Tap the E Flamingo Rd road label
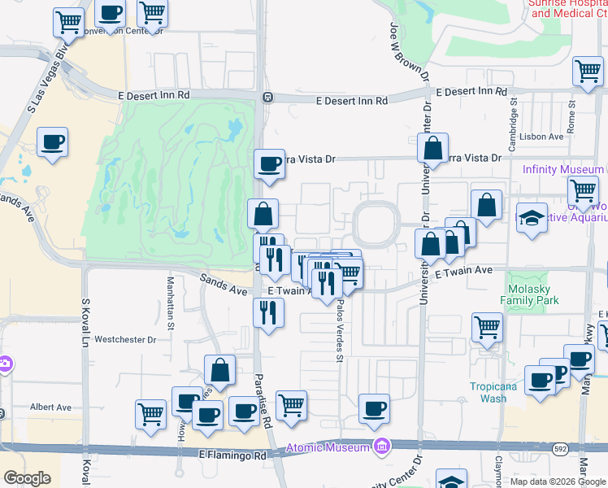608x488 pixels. [232, 456]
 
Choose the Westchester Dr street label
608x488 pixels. [124, 339]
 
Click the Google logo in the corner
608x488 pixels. [27, 478]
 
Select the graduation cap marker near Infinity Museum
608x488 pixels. [532, 219]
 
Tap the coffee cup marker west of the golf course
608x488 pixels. [53, 142]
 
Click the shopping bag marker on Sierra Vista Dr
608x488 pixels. [433, 148]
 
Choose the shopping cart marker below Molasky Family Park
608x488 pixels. [487, 328]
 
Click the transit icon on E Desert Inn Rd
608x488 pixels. [267, 98]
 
